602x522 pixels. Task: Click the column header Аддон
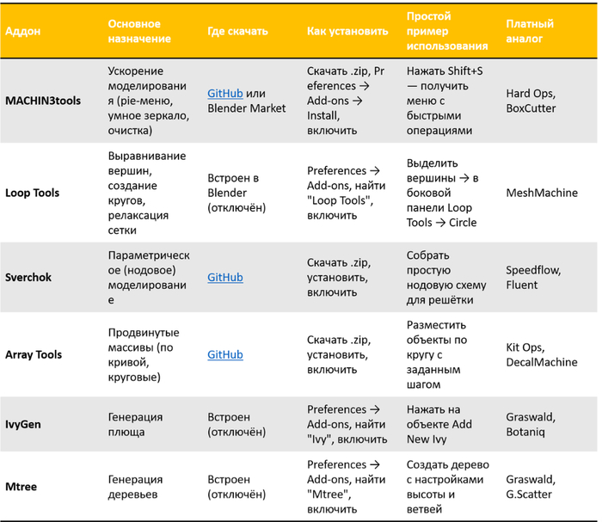pos(23,31)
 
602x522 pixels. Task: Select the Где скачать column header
pos(238,31)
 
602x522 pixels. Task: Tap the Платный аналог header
pos(530,31)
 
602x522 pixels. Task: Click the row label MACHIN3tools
pos(43,101)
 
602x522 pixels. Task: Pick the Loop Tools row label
pos(33,193)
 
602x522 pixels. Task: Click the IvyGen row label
pos(24,424)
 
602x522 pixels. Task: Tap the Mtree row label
pos(21,486)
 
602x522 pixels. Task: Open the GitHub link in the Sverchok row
pos(225,278)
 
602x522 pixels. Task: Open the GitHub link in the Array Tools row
pos(225,354)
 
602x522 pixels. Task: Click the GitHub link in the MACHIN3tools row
pos(225,93)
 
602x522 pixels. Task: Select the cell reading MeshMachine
pos(542,193)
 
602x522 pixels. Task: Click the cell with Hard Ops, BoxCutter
pos(531,101)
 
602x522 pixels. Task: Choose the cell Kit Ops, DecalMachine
pos(542,354)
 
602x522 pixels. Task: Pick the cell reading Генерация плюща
pos(135,424)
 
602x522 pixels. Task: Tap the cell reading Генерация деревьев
pos(135,486)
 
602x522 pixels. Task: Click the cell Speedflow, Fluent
pos(533,278)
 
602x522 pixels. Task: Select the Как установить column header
pos(347,31)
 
